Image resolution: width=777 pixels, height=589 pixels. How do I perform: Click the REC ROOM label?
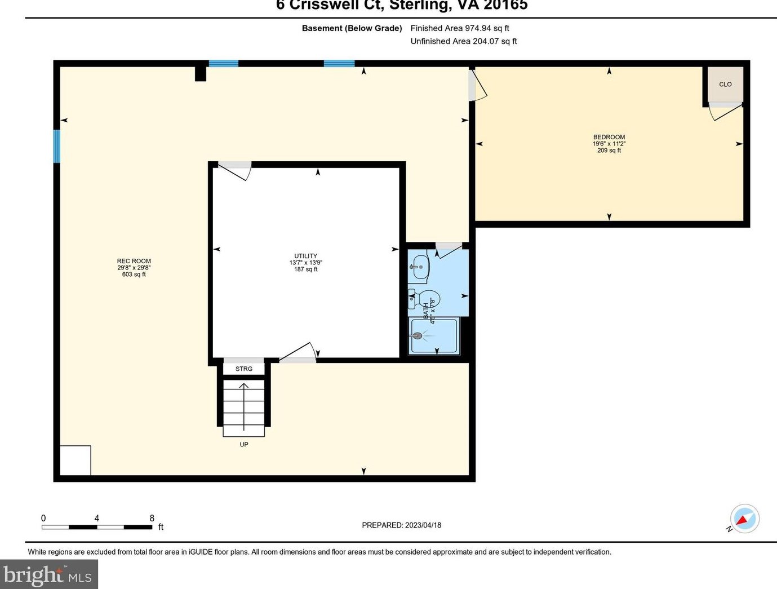pyautogui.click(x=134, y=261)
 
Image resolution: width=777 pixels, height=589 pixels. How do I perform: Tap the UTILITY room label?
pyautogui.click(x=305, y=256)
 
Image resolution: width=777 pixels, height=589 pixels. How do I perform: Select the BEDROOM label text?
pyautogui.click(x=609, y=137)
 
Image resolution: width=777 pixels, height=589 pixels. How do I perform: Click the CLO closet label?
pyautogui.click(x=725, y=85)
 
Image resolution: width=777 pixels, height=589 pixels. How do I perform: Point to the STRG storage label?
pyautogui.click(x=243, y=369)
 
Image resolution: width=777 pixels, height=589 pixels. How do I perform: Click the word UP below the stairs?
pyautogui.click(x=243, y=444)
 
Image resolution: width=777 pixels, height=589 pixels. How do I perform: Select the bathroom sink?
pyautogui.click(x=419, y=266)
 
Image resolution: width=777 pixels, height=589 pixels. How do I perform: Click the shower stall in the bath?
pyautogui.click(x=434, y=336)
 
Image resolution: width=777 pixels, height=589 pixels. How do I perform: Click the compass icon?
pyautogui.click(x=744, y=518)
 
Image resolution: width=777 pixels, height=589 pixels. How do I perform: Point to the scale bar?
pyautogui.click(x=97, y=527)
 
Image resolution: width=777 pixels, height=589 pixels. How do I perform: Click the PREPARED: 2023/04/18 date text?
pyautogui.click(x=401, y=525)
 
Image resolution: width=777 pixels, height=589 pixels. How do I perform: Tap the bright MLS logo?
pyautogui.click(x=48, y=574)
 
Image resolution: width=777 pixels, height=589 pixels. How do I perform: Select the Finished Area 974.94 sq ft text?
pyautogui.click(x=460, y=28)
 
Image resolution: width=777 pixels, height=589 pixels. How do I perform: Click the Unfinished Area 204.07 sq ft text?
pyautogui.click(x=463, y=41)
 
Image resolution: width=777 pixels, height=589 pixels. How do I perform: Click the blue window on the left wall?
pyautogui.click(x=56, y=146)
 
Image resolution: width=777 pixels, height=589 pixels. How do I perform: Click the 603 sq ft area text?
pyautogui.click(x=134, y=274)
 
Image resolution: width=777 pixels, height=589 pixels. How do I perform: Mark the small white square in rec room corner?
pyautogui.click(x=75, y=460)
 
